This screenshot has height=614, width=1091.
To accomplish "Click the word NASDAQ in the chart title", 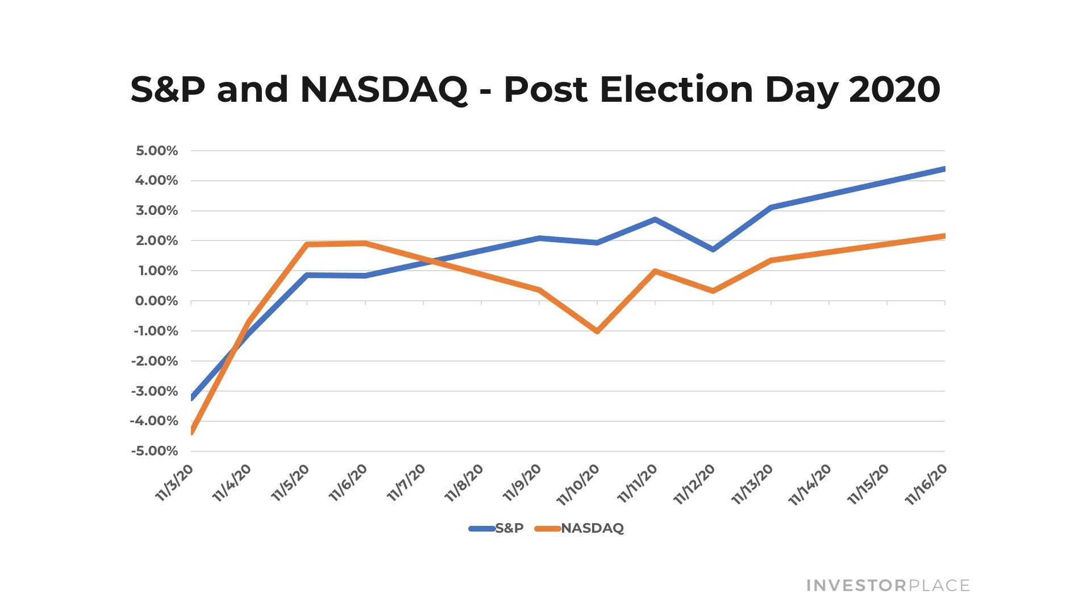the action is coord(384,90).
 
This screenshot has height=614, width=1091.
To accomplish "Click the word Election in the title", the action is coord(676,90).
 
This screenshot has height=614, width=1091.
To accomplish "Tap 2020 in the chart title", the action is coord(894,90).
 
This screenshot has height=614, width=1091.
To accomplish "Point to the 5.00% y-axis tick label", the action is coord(157,151).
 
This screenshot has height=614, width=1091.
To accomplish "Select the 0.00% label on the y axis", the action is coord(157,301).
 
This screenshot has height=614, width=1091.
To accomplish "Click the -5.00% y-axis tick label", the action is coord(155,451).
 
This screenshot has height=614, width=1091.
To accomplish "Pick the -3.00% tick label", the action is coord(155,391).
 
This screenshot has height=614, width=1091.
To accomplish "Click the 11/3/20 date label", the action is coord(174,482).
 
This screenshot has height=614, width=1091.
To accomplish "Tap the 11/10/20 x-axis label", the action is coord(578,484).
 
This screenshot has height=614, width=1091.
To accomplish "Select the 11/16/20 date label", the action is coord(926,484).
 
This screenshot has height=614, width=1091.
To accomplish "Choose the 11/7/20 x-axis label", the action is coord(406,482).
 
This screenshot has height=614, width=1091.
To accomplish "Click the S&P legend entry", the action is coord(496,528).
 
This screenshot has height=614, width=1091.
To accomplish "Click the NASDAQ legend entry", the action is coord(579,528).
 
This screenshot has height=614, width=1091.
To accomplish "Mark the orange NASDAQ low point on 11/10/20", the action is coord(597,331).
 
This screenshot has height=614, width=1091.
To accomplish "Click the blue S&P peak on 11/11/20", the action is coord(655,219).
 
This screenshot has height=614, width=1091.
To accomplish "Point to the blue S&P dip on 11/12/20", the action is coord(713,249).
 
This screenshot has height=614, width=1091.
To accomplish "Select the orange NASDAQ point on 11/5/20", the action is coord(307,244).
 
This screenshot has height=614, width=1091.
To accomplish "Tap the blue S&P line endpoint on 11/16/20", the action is coord(944,169).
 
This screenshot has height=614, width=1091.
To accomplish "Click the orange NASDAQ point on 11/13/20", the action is coord(771,260).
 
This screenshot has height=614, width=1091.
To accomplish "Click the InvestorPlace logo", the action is coord(888,586).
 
